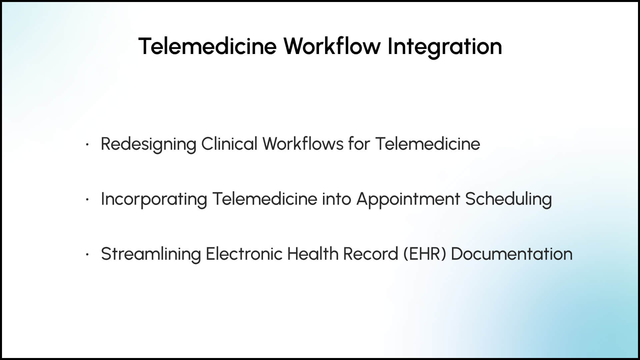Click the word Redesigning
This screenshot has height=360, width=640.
(x=149, y=144)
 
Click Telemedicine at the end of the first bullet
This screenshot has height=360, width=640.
(x=428, y=144)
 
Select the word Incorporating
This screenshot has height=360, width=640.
(x=154, y=199)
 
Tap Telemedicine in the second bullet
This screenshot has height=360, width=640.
(x=265, y=199)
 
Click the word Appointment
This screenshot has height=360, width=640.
(x=408, y=199)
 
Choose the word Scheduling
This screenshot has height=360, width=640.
(x=509, y=199)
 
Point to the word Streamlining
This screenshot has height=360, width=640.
(x=151, y=254)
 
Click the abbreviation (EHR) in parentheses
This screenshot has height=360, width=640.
(x=425, y=254)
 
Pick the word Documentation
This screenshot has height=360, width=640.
(x=512, y=254)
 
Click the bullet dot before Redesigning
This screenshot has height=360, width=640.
(x=87, y=145)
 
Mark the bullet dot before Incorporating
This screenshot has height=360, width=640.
(x=87, y=200)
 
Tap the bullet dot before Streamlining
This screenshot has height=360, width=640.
(x=87, y=255)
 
